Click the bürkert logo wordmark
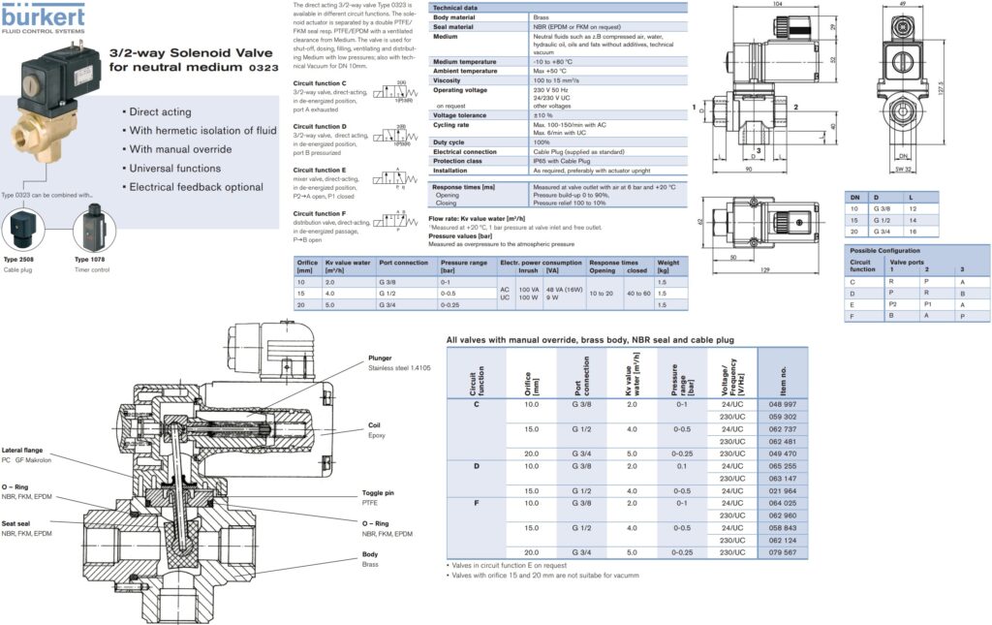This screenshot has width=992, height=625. coord(43,14)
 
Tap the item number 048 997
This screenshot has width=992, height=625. coord(781,403)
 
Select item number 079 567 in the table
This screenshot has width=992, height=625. coord(781,551)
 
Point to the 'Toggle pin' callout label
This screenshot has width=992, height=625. coord(380,492)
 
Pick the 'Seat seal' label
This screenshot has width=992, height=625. coord(21,523)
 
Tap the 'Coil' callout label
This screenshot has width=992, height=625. coord(375,424)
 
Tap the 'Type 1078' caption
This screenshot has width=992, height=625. coord(90,260)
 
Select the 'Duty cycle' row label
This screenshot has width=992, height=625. coord(451,142)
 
